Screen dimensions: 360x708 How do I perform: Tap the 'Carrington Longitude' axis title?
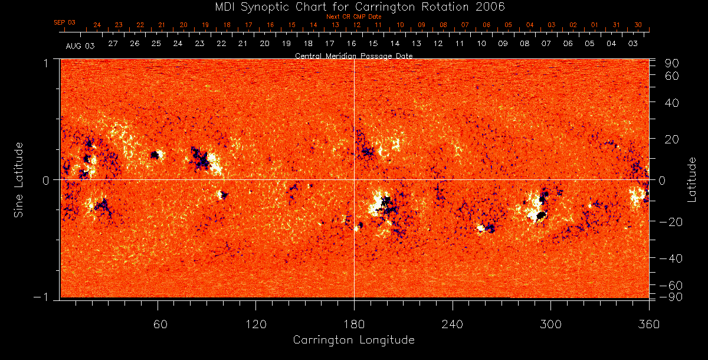point(354,340)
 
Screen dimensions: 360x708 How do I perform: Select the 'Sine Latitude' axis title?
point(19,179)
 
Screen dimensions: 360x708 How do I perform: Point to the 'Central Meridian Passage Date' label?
point(354,55)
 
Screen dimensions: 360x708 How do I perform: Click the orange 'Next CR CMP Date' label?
point(354,17)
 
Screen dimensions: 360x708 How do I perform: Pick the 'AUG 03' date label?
point(80,45)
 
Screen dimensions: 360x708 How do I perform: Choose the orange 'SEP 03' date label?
point(65,22)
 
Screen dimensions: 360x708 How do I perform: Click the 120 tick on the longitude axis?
point(256,324)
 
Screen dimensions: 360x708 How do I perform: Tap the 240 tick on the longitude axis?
point(453,324)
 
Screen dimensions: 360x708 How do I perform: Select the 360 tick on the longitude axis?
point(648,324)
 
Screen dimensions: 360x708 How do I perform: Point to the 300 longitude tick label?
point(550,324)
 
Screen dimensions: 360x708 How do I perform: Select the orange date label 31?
point(616,25)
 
